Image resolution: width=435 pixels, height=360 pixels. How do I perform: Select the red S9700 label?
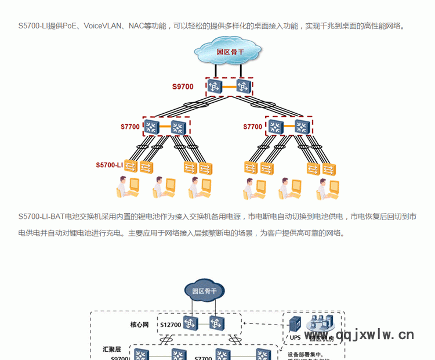183,87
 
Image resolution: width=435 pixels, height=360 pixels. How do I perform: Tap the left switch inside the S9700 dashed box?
215,87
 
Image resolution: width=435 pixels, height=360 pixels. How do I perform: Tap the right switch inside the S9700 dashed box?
242,87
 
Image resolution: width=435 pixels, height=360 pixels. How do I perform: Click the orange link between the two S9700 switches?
229,87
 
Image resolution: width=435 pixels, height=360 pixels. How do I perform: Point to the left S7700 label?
130,127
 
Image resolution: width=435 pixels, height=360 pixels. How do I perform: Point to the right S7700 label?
253,127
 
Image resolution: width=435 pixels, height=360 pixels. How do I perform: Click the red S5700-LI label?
110,165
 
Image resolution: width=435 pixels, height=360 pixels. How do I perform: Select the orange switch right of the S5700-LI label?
131,167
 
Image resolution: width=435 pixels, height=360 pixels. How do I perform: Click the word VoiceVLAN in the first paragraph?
103,26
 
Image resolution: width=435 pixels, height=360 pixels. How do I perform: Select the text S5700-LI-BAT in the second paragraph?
41,217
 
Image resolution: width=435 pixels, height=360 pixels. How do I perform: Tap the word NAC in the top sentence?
137,26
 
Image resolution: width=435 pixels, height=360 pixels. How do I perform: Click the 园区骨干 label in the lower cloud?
204,291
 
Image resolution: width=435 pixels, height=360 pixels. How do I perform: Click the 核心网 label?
140,325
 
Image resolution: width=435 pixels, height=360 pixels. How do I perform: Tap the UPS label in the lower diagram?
295,337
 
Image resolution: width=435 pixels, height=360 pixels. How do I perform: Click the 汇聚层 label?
111,350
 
